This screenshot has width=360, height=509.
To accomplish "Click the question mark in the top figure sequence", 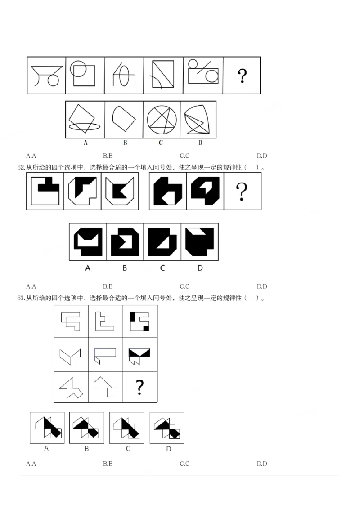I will click(242, 76).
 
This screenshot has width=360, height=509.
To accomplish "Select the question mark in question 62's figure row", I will click(242, 192).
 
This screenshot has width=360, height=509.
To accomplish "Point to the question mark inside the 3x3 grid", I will click(140, 387).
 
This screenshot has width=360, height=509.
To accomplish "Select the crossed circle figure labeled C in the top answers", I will click(162, 119).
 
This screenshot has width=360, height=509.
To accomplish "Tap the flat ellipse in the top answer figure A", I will click(84, 127).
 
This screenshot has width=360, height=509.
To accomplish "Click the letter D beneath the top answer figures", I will click(199, 143).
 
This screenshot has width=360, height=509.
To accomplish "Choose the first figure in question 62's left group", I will click(45, 191).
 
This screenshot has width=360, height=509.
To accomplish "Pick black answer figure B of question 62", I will click(125, 241).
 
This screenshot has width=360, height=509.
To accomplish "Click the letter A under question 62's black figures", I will click(88, 268).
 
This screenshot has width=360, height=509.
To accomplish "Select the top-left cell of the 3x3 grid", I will click(71, 321).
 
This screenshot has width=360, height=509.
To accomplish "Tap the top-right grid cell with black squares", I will click(140, 321).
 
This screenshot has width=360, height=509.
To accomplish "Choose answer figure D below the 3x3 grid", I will click(167, 428).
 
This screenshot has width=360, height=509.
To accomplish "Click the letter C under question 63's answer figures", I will click(128, 448).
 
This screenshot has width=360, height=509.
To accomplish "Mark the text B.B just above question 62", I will click(108, 156).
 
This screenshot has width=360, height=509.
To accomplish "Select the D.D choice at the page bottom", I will click(262, 464).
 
